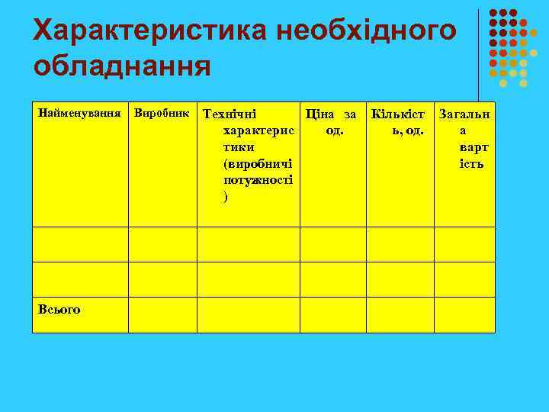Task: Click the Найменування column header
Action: [x=79, y=114]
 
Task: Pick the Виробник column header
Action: [x=162, y=114]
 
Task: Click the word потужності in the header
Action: [x=258, y=181]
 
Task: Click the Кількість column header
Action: [x=400, y=122]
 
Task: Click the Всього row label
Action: [x=59, y=308]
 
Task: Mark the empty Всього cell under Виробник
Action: [x=162, y=314]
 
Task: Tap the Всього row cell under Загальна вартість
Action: [x=464, y=314]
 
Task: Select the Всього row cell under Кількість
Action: [x=400, y=314]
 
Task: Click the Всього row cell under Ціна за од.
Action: [x=332, y=314]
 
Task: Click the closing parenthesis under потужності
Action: [x=226, y=198]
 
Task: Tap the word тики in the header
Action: [x=239, y=147]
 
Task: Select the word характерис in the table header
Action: [x=258, y=130]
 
